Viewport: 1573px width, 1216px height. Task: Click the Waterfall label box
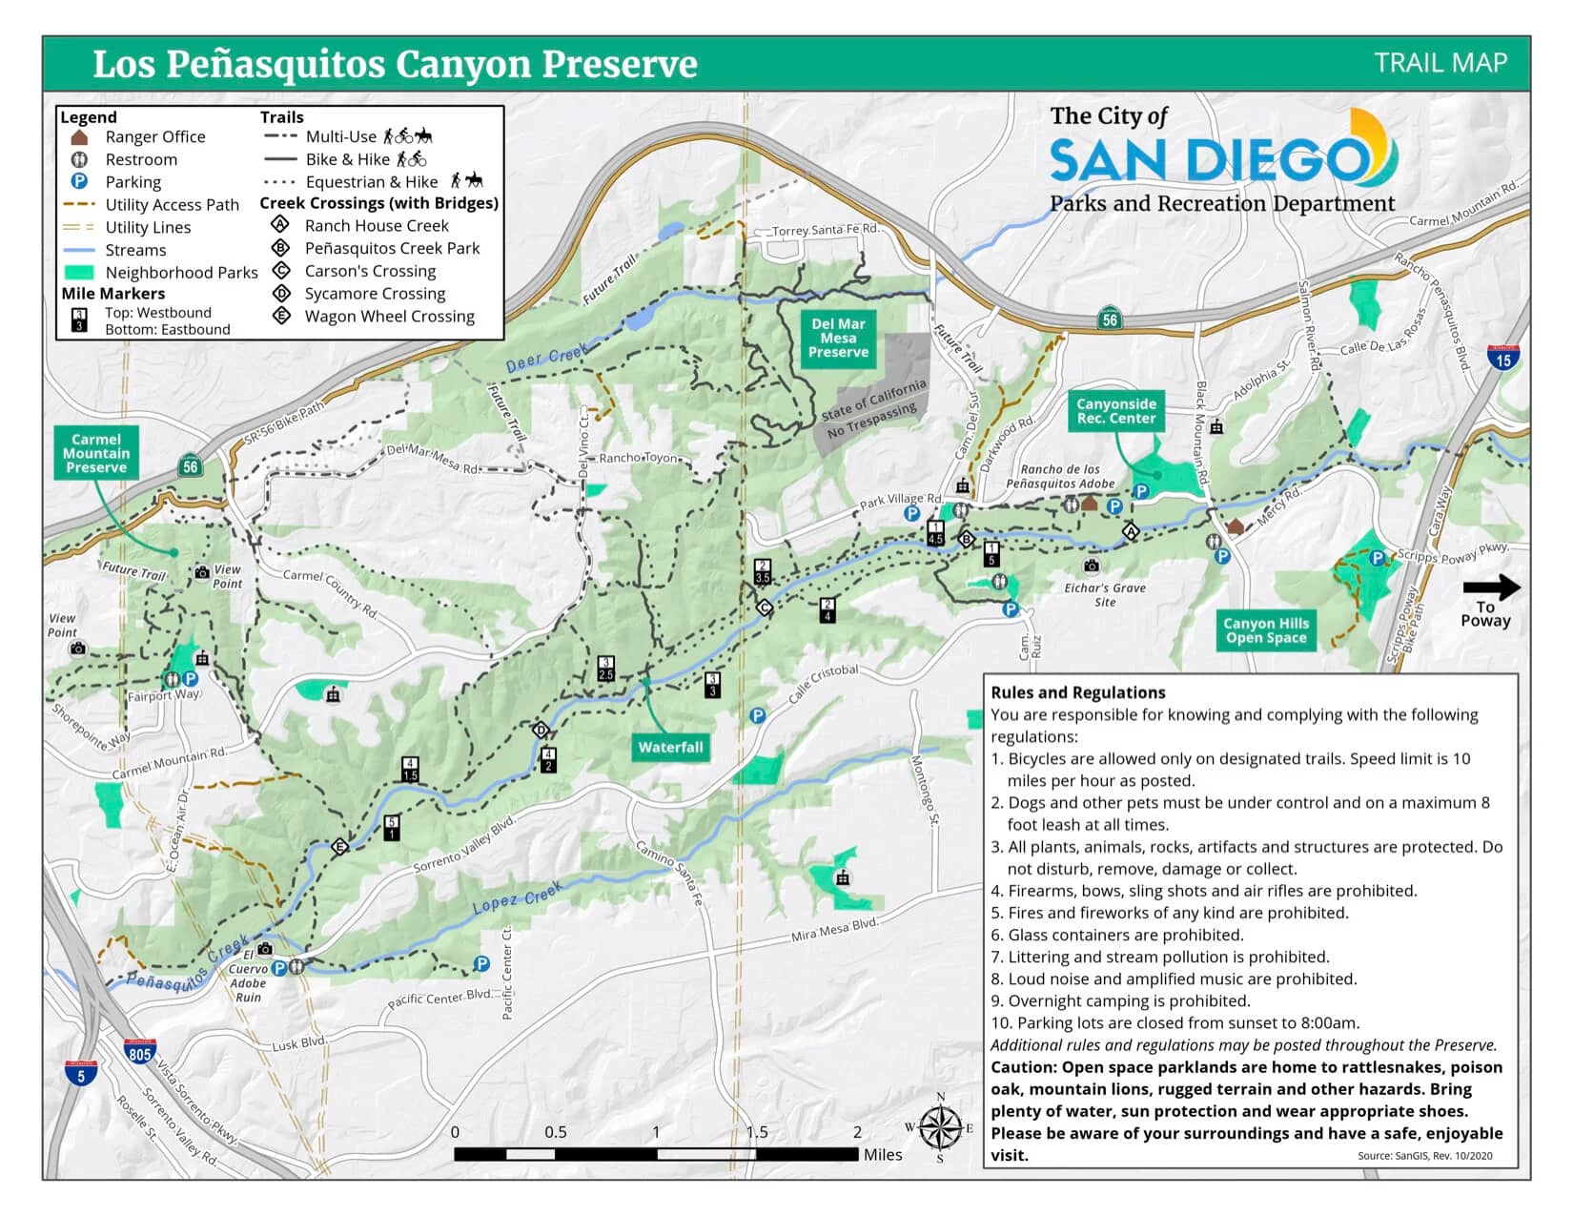[x=670, y=747]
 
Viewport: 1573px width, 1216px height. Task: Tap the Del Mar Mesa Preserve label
[x=838, y=338]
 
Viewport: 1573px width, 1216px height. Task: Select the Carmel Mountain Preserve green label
[x=95, y=453]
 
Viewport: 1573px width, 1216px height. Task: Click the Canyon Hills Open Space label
[x=1265, y=630]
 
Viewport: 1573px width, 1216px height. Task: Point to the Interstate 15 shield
[x=1502, y=358]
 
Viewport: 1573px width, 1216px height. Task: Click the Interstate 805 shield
[x=139, y=1052]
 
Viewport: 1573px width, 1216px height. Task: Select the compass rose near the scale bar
[x=940, y=1128]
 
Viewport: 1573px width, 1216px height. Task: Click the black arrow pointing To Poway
[x=1491, y=587]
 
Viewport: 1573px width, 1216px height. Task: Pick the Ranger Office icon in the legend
[x=80, y=137]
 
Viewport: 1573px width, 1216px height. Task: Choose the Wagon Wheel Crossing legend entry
[x=389, y=316]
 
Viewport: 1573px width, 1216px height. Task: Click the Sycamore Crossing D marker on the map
[x=541, y=731]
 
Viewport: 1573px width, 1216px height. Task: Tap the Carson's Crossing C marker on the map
[x=764, y=607]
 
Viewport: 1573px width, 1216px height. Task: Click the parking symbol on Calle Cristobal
[x=758, y=715]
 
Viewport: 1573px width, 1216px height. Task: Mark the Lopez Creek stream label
[x=518, y=897]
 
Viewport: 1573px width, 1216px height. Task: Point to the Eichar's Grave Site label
[x=1105, y=594]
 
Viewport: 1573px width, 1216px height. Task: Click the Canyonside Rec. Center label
[x=1115, y=411]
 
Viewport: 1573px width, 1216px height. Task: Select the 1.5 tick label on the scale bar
[x=757, y=1132]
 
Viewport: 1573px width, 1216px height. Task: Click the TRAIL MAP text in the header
[x=1440, y=63]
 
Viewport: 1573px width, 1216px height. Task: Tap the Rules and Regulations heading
[x=1077, y=692]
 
